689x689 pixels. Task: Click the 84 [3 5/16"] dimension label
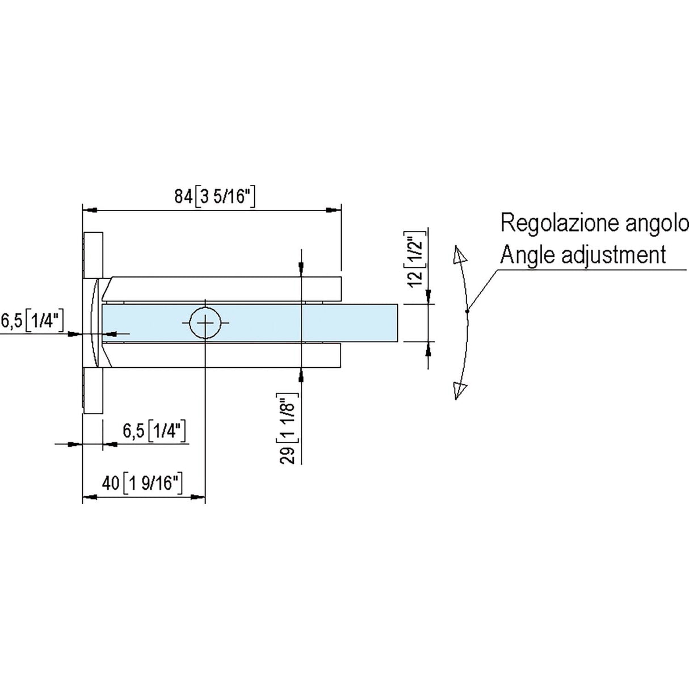[x=216, y=197]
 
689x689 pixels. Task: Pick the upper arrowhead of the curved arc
[x=460, y=257]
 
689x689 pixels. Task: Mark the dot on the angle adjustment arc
[x=467, y=311]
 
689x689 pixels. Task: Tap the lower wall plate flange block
[x=93, y=391]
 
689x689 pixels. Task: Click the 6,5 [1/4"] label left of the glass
[x=32, y=321]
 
